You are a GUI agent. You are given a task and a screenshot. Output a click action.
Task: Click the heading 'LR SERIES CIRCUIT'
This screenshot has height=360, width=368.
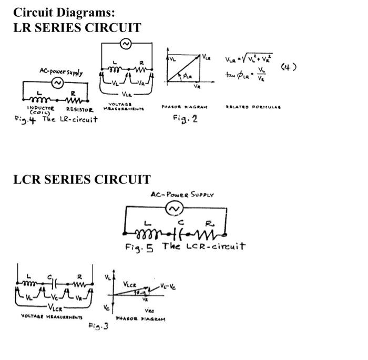[x=77, y=28]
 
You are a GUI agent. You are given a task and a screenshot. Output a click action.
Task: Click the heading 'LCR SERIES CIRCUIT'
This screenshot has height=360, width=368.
[x=81, y=180]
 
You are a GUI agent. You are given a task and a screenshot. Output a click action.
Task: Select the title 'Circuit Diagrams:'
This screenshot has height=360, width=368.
[x=64, y=12]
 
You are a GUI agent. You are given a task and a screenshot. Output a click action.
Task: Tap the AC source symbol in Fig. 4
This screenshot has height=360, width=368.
[x=56, y=83]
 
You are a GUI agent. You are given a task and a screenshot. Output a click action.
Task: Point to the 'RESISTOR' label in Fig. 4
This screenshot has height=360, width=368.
[x=79, y=110]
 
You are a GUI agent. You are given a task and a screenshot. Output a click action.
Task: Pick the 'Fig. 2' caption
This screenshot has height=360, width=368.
[x=185, y=119]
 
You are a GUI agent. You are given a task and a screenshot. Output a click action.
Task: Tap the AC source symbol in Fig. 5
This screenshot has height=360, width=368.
[x=173, y=210]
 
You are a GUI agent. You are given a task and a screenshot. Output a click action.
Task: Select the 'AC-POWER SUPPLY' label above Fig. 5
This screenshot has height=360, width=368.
[x=176, y=194]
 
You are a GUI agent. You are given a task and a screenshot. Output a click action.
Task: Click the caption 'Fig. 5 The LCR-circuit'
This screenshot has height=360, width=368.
[x=185, y=246]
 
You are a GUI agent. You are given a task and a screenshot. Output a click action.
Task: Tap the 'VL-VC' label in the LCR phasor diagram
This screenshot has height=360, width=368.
[x=169, y=287]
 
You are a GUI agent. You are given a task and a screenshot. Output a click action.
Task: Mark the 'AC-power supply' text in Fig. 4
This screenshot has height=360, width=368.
[x=60, y=71]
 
